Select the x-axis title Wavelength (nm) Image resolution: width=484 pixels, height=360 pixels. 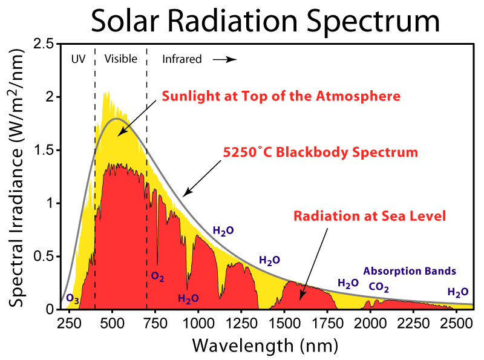tap(264, 345)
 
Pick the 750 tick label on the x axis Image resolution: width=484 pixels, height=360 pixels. tap(156, 321)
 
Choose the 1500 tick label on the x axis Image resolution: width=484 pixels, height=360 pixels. tap(284, 321)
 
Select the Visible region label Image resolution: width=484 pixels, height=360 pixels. tap(121, 59)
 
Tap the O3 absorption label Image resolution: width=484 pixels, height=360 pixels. tap(72, 299)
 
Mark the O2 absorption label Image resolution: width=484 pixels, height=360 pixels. tap(158, 277)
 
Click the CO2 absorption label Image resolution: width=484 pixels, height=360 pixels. tap(379, 287)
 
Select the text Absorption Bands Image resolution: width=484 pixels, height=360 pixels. tap(410, 271)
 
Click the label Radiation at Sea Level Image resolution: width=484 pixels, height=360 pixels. tap(370, 215)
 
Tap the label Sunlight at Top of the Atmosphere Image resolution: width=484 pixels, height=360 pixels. tap(281, 96)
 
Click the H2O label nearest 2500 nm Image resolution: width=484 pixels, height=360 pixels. tap(458, 292)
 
